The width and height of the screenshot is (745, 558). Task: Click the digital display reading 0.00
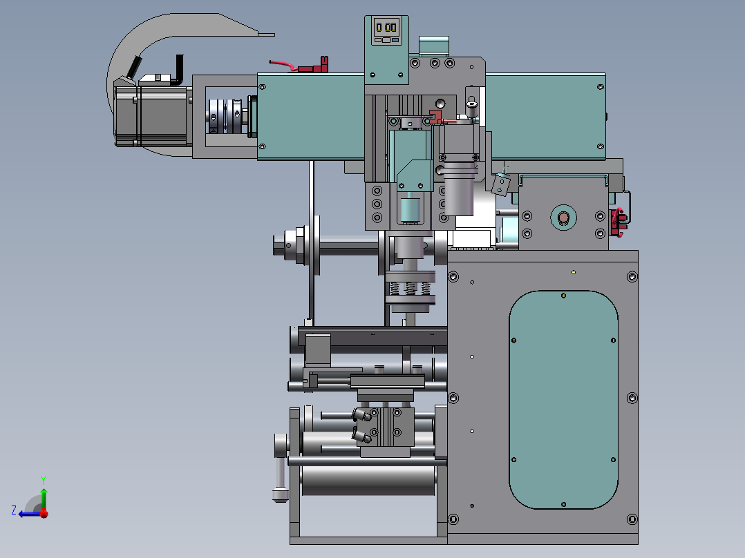[x=386, y=27]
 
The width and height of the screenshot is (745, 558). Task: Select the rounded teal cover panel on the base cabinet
[x=563, y=399]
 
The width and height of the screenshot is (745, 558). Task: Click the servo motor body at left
[x=151, y=116]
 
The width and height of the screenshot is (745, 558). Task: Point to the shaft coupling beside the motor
[x=226, y=117]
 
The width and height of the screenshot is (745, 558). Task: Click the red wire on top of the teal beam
[x=283, y=66]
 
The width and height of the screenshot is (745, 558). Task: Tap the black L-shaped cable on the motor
[x=178, y=71]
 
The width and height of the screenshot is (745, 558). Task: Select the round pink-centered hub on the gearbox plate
[x=563, y=218]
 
